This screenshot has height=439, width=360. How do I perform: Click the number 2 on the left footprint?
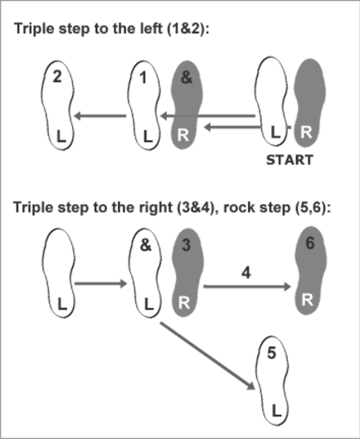[57, 76]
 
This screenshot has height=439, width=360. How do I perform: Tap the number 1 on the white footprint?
[144, 77]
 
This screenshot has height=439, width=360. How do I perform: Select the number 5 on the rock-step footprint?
[271, 353]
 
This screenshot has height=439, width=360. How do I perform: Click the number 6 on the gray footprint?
[310, 243]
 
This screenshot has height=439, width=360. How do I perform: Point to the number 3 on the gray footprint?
[186, 245]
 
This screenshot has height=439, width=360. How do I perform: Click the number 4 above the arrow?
[246, 273]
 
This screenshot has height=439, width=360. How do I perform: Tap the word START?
[289, 160]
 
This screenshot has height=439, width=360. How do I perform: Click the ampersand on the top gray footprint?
[187, 77]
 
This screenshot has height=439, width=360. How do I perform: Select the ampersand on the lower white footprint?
[145, 245]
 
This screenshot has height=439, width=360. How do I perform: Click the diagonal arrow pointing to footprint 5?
[207, 355]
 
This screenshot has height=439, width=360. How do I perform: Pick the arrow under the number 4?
[247, 286]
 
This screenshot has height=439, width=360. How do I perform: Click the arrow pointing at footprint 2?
[100, 115]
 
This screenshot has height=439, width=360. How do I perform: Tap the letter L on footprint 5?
[276, 411]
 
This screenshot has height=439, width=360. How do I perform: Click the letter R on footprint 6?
[308, 300]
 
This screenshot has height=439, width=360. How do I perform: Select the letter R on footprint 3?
[183, 303]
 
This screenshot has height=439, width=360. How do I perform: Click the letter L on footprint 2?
[61, 136]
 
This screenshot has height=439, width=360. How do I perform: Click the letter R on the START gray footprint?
[306, 132]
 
